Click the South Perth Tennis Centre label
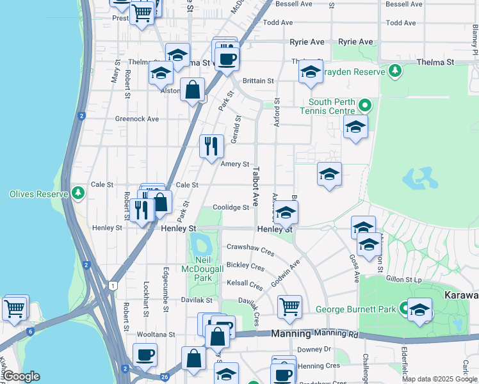coord(331,107)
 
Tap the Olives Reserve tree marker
coord(77,193)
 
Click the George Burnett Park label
coord(356,310)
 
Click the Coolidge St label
coord(231,207)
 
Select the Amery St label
coord(234,164)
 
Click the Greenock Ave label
coord(136,119)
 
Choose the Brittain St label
coord(258,81)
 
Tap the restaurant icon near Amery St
coord(211,147)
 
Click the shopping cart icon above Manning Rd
coord(289,306)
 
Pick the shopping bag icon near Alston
coord(192,90)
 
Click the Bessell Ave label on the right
coord(403,4)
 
